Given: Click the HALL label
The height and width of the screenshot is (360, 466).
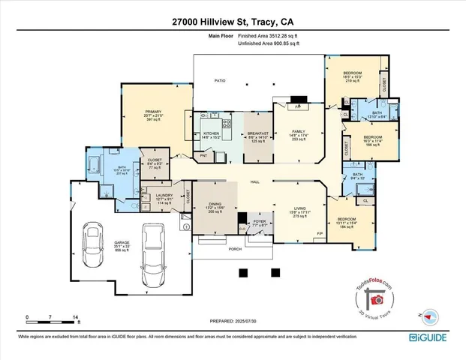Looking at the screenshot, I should [x=255, y=181].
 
